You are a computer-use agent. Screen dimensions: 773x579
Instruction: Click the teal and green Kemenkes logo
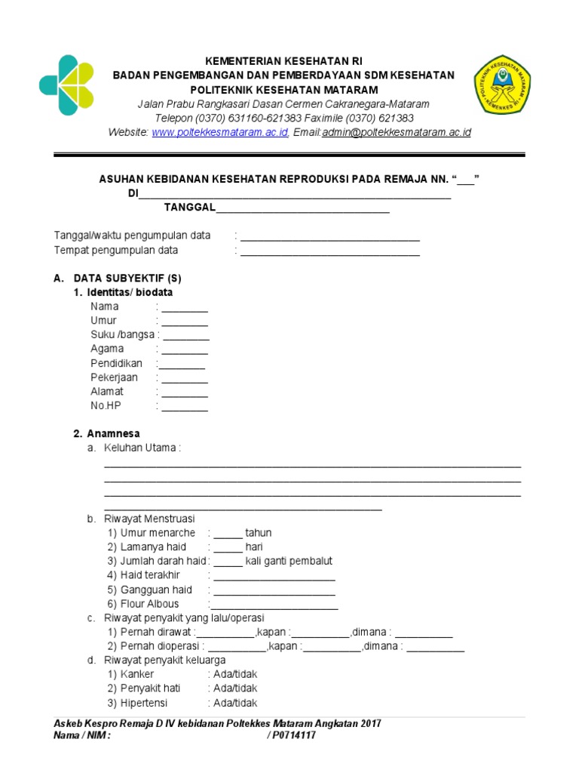pos(67,85)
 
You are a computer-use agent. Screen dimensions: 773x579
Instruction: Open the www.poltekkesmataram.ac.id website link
pos(220,132)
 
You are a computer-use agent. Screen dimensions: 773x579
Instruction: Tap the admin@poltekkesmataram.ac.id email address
pos(397,132)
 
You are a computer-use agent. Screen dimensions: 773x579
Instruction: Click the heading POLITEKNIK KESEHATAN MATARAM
pos(283,90)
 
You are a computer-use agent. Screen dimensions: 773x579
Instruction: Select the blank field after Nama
pos(185,307)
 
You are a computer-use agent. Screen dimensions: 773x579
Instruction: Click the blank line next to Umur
pos(185,322)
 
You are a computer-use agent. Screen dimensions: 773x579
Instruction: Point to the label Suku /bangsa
pos(122,335)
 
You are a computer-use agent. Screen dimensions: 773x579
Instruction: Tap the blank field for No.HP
pos(185,407)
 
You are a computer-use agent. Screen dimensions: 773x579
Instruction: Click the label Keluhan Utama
pos(141,448)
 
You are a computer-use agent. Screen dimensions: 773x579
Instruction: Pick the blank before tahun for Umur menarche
pos(228,534)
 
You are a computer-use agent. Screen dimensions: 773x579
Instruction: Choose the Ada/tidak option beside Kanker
pos(235,674)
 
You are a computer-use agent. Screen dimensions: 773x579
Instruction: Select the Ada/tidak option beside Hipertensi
pos(235,703)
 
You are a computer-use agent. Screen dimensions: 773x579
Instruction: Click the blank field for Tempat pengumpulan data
pos(329,251)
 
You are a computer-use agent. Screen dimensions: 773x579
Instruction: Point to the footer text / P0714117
pos(292,736)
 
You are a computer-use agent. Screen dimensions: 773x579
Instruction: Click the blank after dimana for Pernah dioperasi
pos(436,647)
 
